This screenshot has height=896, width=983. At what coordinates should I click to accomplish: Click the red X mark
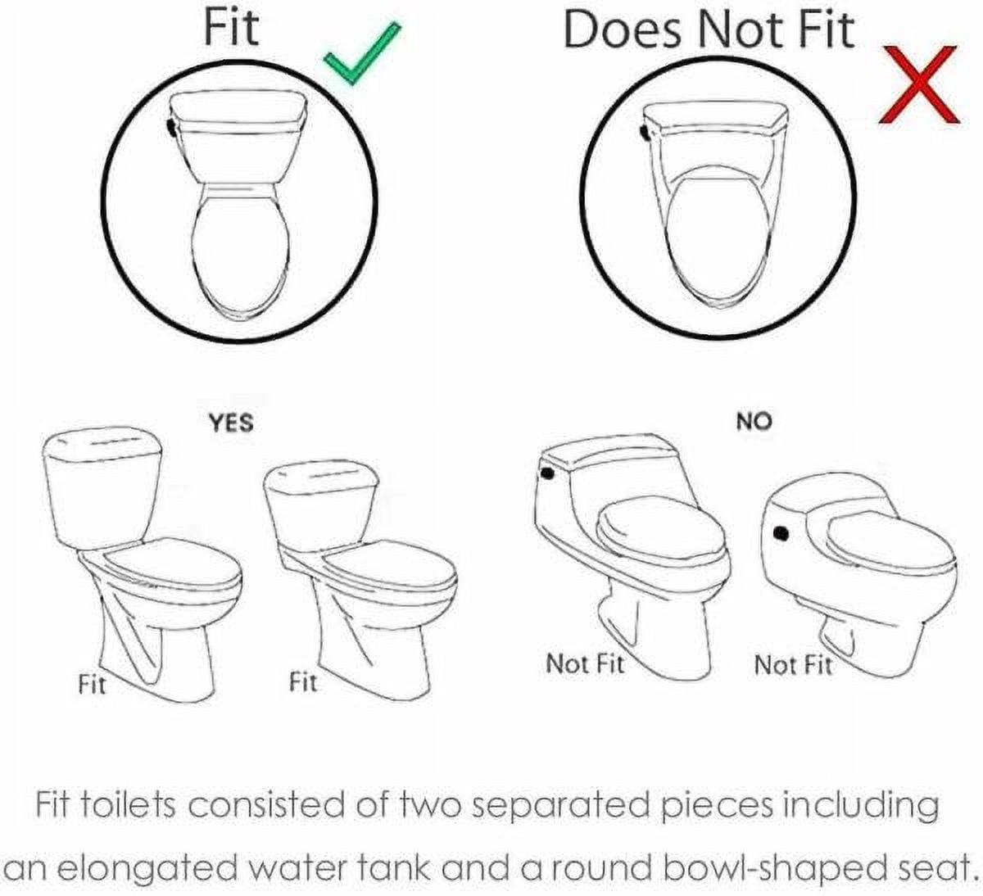[919, 84]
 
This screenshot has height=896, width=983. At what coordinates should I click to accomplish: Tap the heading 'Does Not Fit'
[709, 30]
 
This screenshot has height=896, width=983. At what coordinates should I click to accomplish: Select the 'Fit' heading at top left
[231, 28]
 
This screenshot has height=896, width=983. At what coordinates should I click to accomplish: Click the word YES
[231, 423]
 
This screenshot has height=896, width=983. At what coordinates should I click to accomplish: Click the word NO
[754, 422]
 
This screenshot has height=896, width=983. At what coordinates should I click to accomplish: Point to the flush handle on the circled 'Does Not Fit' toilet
[645, 131]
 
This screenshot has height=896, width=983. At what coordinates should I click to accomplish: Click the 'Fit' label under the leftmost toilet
[92, 684]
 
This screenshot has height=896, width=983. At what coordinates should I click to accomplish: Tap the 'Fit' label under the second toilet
[303, 681]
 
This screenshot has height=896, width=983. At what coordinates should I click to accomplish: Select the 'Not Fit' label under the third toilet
[585, 664]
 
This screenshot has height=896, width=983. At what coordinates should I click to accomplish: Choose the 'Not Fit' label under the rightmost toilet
[793, 665]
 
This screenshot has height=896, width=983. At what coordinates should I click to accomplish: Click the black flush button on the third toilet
[547, 473]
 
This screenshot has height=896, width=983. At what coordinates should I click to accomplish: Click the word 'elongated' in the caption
[148, 868]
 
